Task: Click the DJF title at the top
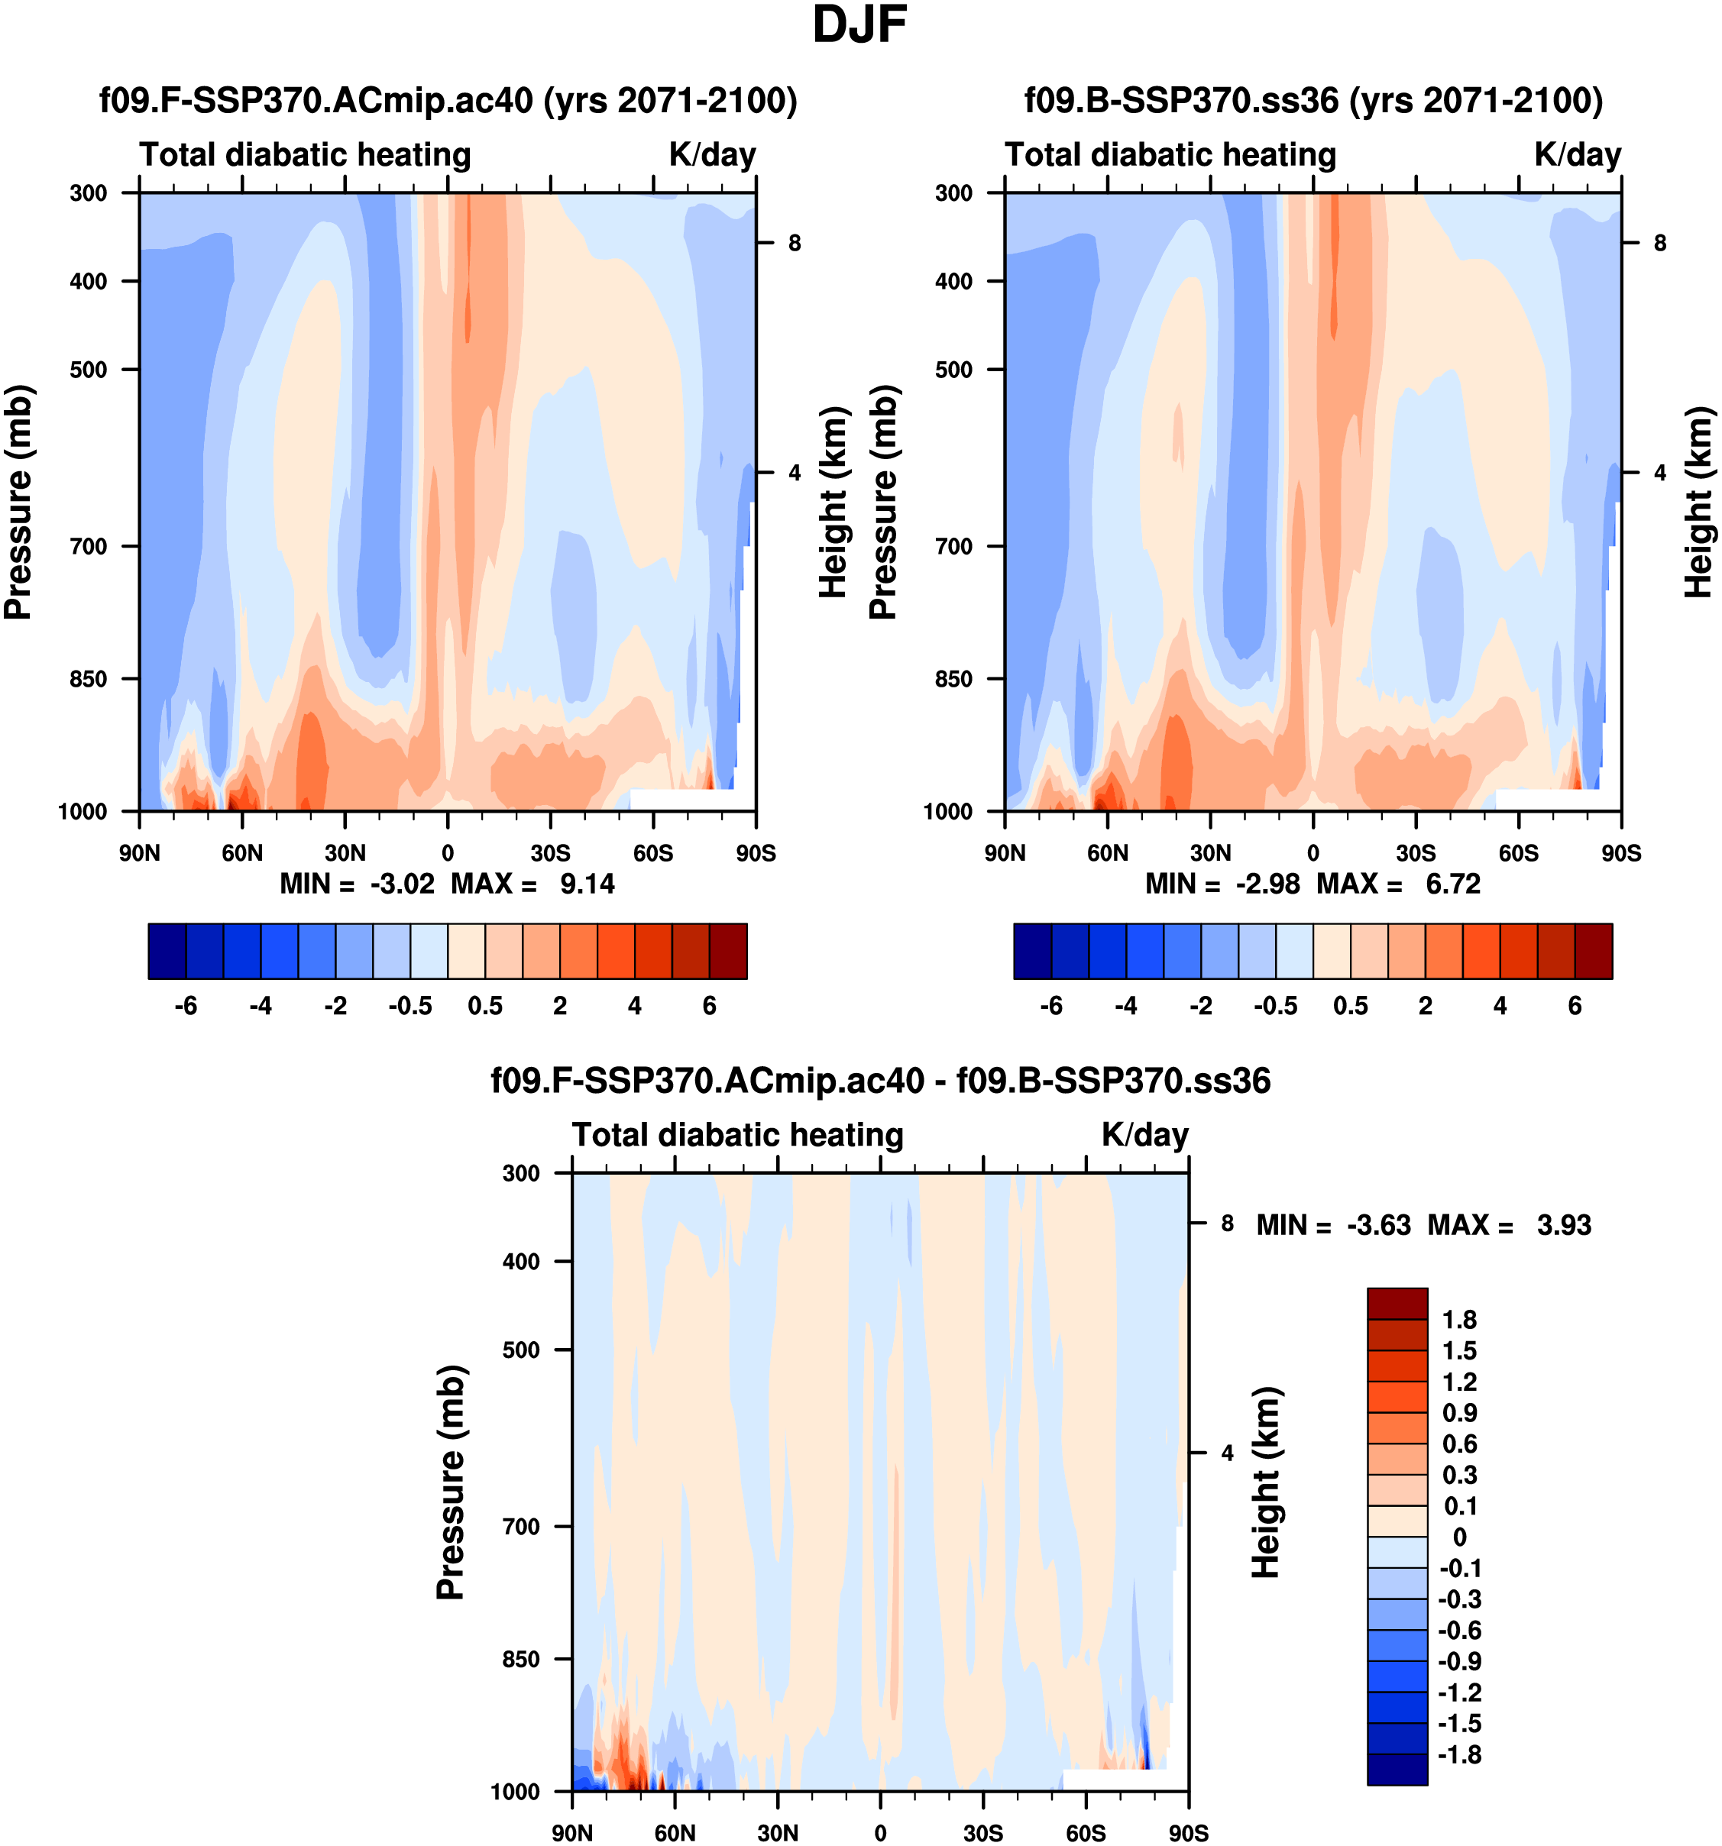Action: [x=859, y=25]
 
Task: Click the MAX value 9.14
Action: [x=587, y=884]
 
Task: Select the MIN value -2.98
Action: [x=1267, y=884]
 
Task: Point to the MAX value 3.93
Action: [x=1564, y=1226]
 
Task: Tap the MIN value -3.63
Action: [x=1379, y=1226]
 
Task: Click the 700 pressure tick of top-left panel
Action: [x=89, y=546]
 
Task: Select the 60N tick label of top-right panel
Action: [x=1107, y=853]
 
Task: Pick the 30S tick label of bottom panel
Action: [x=982, y=1833]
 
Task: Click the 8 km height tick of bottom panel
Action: [x=1227, y=1224]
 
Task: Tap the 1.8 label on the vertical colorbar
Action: [x=1459, y=1320]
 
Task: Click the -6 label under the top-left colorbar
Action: [x=186, y=1007]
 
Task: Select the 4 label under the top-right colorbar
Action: [x=1500, y=1007]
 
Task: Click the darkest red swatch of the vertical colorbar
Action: [x=1397, y=1304]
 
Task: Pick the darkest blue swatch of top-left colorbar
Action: [x=167, y=951]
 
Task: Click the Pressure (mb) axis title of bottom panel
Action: [x=451, y=1482]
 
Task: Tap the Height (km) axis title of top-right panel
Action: [x=1698, y=502]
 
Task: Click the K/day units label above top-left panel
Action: [x=712, y=154]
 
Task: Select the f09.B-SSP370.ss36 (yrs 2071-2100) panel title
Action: [x=1313, y=100]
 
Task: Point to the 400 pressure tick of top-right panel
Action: [x=954, y=280]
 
